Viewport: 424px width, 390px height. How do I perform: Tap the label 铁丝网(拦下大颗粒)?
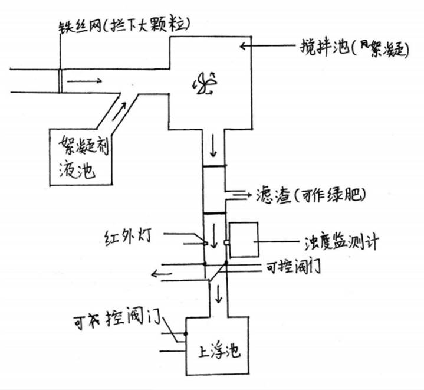click(125, 26)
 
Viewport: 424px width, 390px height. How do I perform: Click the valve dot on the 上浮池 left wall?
click(185, 333)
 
